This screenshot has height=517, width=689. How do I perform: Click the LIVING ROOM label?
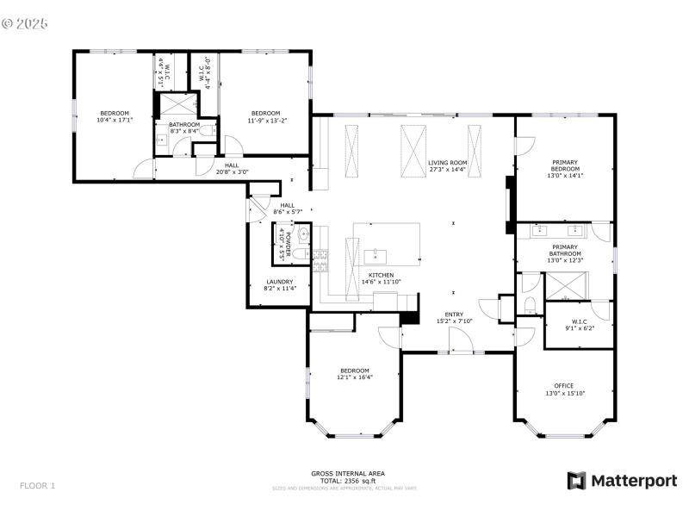447,162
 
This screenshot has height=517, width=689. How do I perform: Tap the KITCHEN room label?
381,275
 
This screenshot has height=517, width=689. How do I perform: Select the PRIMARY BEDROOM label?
565,162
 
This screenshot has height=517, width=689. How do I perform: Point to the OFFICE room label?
564,386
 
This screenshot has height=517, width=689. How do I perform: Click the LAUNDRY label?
279,282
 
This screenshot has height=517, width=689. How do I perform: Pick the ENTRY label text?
454,315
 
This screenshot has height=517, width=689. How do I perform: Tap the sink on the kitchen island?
376,255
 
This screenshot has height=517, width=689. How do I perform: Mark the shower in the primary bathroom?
565,283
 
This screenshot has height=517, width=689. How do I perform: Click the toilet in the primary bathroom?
530,303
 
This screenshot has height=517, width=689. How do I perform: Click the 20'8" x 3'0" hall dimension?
232,171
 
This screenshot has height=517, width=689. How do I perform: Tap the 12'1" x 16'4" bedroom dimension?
354,377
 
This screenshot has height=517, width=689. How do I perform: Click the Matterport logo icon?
575,480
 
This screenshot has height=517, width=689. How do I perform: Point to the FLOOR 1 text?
37,485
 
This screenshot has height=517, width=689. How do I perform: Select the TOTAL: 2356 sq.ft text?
348,480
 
